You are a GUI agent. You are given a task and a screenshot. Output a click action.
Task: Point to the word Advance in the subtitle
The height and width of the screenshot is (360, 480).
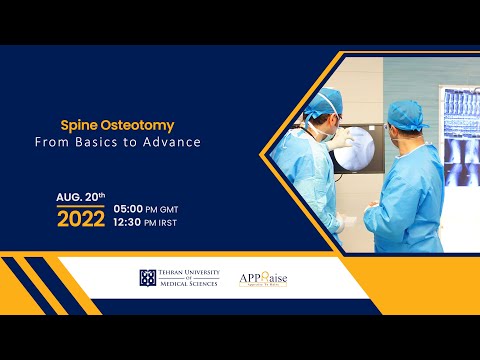[x=176, y=142]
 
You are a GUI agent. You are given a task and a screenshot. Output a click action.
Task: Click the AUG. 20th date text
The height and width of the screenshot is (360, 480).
[x=81, y=197]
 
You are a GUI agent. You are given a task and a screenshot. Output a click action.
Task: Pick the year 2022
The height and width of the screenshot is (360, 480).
[x=81, y=219]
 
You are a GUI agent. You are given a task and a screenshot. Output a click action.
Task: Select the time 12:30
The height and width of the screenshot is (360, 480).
[x=131, y=223]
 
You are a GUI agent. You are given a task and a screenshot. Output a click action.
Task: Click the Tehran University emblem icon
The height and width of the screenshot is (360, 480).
[x=147, y=278]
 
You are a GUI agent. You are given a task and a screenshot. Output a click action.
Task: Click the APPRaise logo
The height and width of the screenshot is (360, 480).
[x=262, y=278]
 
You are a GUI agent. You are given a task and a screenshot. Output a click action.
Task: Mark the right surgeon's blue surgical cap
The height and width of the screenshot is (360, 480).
[x=404, y=112]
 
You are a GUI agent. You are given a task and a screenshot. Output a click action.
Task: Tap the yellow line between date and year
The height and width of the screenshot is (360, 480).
[x=81, y=206]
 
